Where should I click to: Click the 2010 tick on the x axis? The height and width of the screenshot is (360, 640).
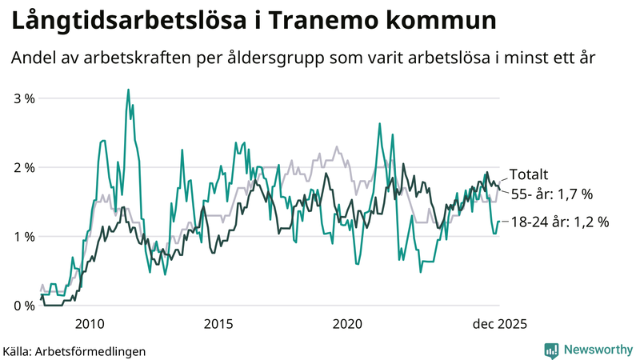89,323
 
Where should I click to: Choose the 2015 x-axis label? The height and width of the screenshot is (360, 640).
218,323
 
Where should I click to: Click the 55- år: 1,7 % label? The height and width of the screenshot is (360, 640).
551,194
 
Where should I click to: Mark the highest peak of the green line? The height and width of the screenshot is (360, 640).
128,90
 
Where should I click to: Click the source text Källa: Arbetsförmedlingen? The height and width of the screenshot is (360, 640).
74,350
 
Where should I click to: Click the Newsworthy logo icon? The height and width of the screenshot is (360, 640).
551,350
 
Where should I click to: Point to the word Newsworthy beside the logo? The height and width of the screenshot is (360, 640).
597,350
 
